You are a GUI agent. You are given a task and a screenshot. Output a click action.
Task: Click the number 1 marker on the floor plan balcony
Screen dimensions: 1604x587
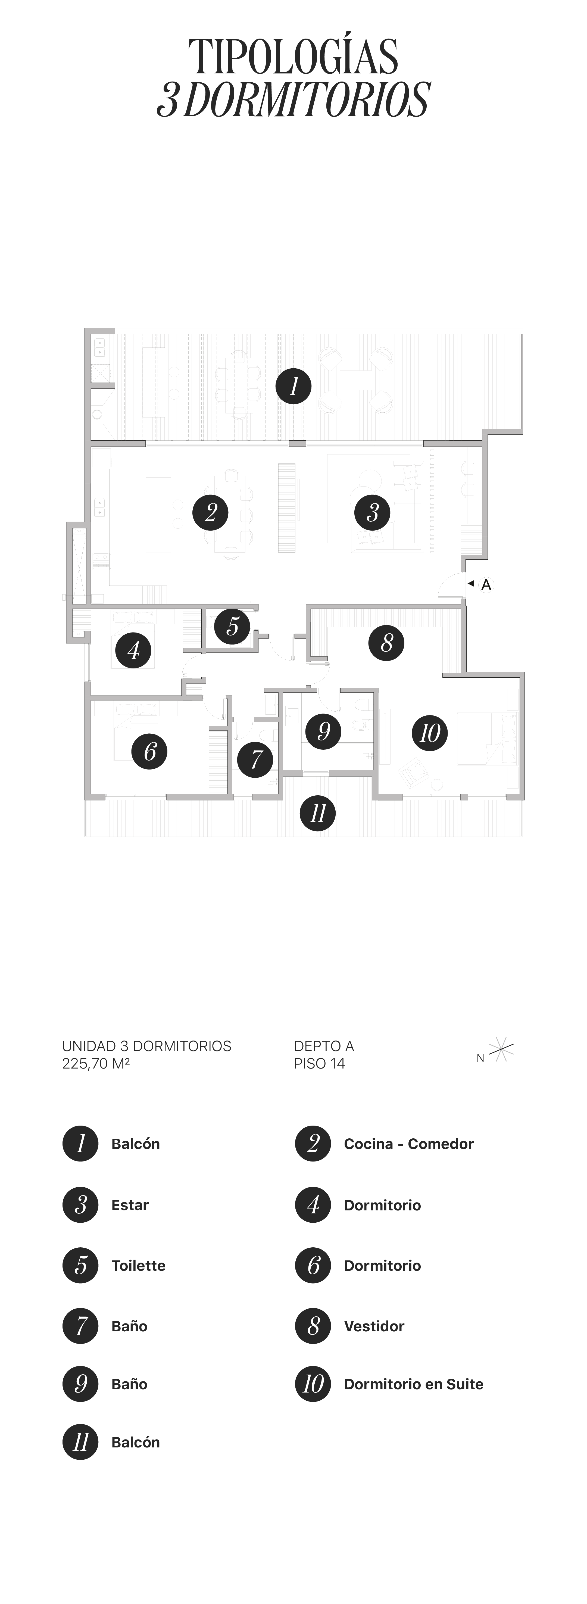(293, 386)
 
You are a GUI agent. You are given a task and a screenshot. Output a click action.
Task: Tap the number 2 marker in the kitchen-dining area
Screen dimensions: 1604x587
(210, 512)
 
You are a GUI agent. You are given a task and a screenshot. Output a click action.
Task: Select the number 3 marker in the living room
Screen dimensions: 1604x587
(372, 512)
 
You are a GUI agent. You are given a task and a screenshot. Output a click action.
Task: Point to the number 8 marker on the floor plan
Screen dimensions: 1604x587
(386, 643)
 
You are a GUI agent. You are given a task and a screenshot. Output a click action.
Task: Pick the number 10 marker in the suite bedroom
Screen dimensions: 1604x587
(429, 733)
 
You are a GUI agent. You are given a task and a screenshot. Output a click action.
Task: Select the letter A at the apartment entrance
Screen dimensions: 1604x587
(486, 585)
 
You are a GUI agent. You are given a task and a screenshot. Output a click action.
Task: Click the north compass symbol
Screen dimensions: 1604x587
(501, 1049)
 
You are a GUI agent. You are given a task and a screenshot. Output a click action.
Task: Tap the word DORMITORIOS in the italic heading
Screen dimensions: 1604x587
(306, 100)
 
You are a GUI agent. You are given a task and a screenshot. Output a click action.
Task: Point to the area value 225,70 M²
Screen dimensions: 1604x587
(96, 1064)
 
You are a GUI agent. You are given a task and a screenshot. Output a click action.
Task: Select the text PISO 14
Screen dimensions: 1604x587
(319, 1064)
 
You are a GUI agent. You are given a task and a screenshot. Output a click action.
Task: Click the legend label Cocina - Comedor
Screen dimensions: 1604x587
(408, 1144)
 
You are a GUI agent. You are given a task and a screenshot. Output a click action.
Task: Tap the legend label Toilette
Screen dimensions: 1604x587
(138, 1265)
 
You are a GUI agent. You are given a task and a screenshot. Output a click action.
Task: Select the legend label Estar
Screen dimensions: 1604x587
(129, 1205)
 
